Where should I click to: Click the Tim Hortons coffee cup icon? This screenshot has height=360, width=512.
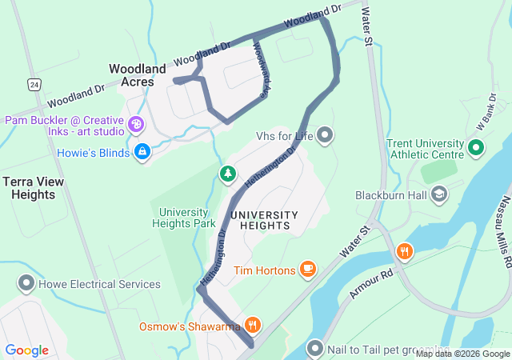click(308, 270)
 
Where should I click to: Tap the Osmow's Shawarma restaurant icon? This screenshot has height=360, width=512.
click(253, 324)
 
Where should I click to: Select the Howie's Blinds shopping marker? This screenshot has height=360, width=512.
click(142, 151)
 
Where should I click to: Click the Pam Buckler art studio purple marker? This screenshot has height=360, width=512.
click(136, 125)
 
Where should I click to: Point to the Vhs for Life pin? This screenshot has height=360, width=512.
click(324, 135)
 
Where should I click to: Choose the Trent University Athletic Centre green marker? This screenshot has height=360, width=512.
click(475, 148)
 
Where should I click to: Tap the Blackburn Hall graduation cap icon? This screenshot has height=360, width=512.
click(439, 194)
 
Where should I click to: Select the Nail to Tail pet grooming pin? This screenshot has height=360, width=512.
click(315, 348)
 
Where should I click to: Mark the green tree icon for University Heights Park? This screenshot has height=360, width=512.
click(228, 174)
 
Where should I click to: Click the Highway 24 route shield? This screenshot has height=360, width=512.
click(33, 83)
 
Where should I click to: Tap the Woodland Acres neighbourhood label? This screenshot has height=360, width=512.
click(138, 75)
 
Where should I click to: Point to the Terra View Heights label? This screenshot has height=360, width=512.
click(34, 188)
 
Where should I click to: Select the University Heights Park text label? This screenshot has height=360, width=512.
click(183, 218)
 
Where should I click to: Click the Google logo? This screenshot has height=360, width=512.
click(27, 350)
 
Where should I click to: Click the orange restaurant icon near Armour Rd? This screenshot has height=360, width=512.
click(405, 252)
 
